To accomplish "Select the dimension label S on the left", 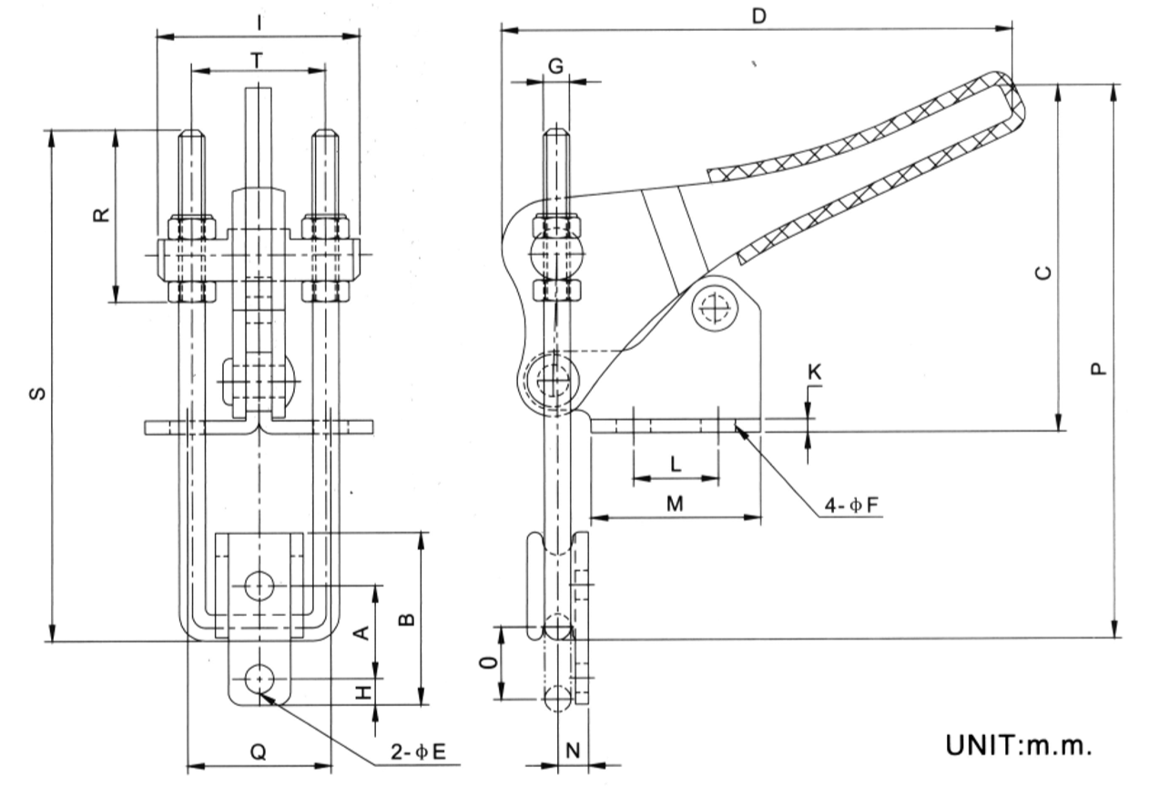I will click(x=37, y=393).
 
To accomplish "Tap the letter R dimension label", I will click(x=102, y=215).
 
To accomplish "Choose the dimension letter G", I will click(x=556, y=66).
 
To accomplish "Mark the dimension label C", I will click(x=1045, y=271).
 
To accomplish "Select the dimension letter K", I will click(x=814, y=373).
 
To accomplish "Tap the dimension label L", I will click(x=675, y=464).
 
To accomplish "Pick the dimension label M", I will click(x=675, y=503).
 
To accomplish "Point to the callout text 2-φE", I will click(x=420, y=752).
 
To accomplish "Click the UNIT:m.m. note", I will click(x=1018, y=744).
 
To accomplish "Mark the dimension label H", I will click(x=362, y=693).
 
